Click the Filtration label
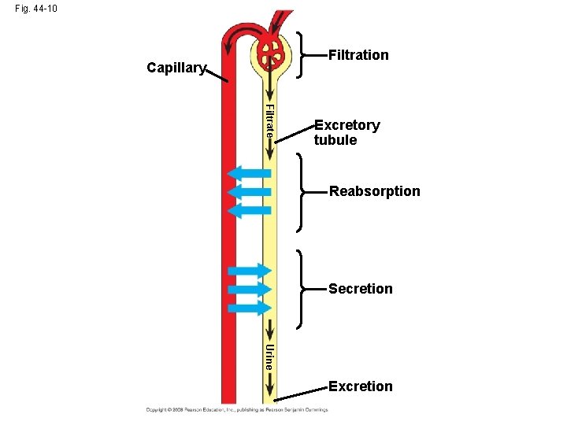click(x=358, y=55)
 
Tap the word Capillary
click(x=176, y=68)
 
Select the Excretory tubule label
click(x=346, y=132)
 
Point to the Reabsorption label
click(x=374, y=191)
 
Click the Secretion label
click(x=360, y=289)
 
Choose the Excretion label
click(x=360, y=386)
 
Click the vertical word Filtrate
click(x=269, y=120)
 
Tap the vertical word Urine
click(x=269, y=357)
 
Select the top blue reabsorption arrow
click(x=248, y=174)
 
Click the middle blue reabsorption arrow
click(x=248, y=192)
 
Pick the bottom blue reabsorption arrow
click(x=248, y=210)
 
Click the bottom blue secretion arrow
click(x=249, y=308)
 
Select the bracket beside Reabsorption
click(x=302, y=192)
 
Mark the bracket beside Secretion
click(x=302, y=289)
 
